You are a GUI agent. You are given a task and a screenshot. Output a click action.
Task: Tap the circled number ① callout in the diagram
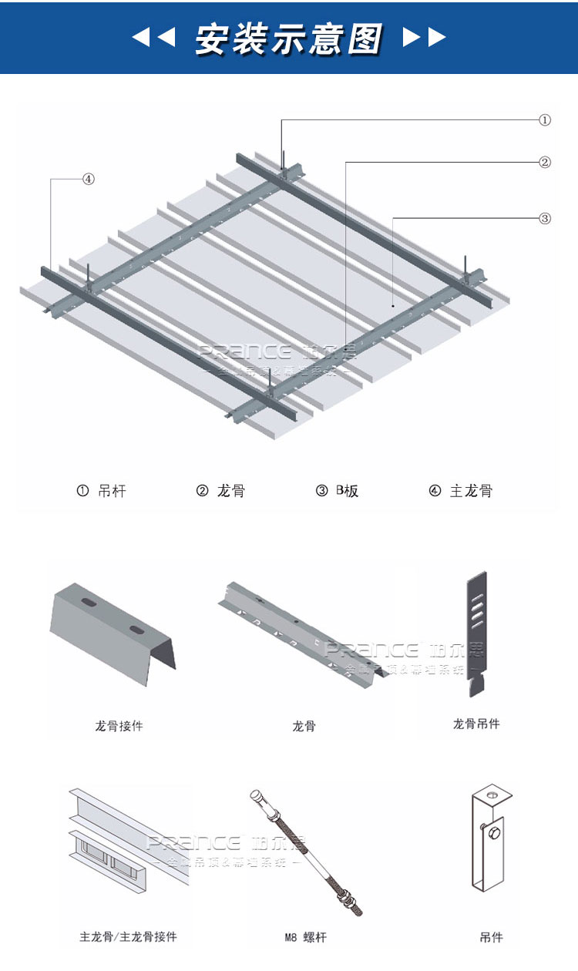[544, 120]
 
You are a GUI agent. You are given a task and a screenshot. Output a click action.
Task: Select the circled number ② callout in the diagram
[544, 163]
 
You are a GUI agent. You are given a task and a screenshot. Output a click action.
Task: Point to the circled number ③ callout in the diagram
[544, 218]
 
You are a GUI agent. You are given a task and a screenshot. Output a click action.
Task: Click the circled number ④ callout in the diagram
[89, 179]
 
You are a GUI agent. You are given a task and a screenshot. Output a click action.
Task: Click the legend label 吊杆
[113, 491]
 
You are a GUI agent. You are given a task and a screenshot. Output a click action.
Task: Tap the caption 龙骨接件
[119, 726]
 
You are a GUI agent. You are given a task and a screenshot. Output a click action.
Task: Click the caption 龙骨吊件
[476, 724]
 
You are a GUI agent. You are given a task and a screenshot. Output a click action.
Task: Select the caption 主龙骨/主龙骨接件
[128, 937]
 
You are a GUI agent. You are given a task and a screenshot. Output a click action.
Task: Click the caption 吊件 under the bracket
[491, 937]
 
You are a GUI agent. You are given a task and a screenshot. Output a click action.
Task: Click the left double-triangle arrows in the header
[154, 37]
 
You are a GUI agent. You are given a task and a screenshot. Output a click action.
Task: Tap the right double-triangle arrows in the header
[425, 37]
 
